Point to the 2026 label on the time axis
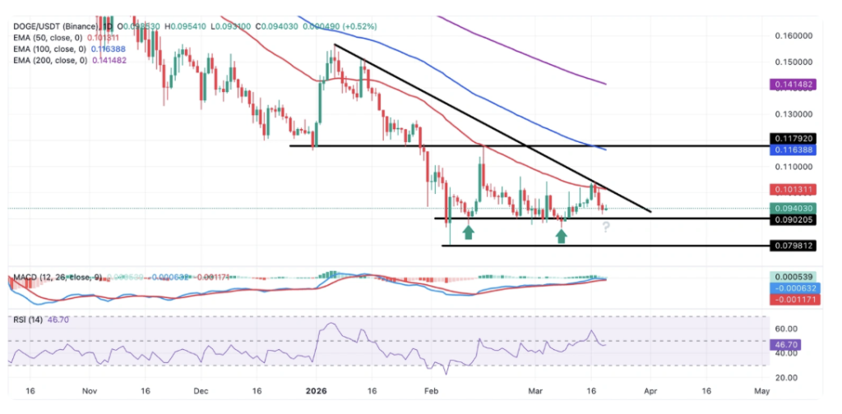point(317,392)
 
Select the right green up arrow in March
point(561,236)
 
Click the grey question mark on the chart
point(605,227)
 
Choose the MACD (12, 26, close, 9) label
point(58,277)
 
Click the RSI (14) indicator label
point(29,320)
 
